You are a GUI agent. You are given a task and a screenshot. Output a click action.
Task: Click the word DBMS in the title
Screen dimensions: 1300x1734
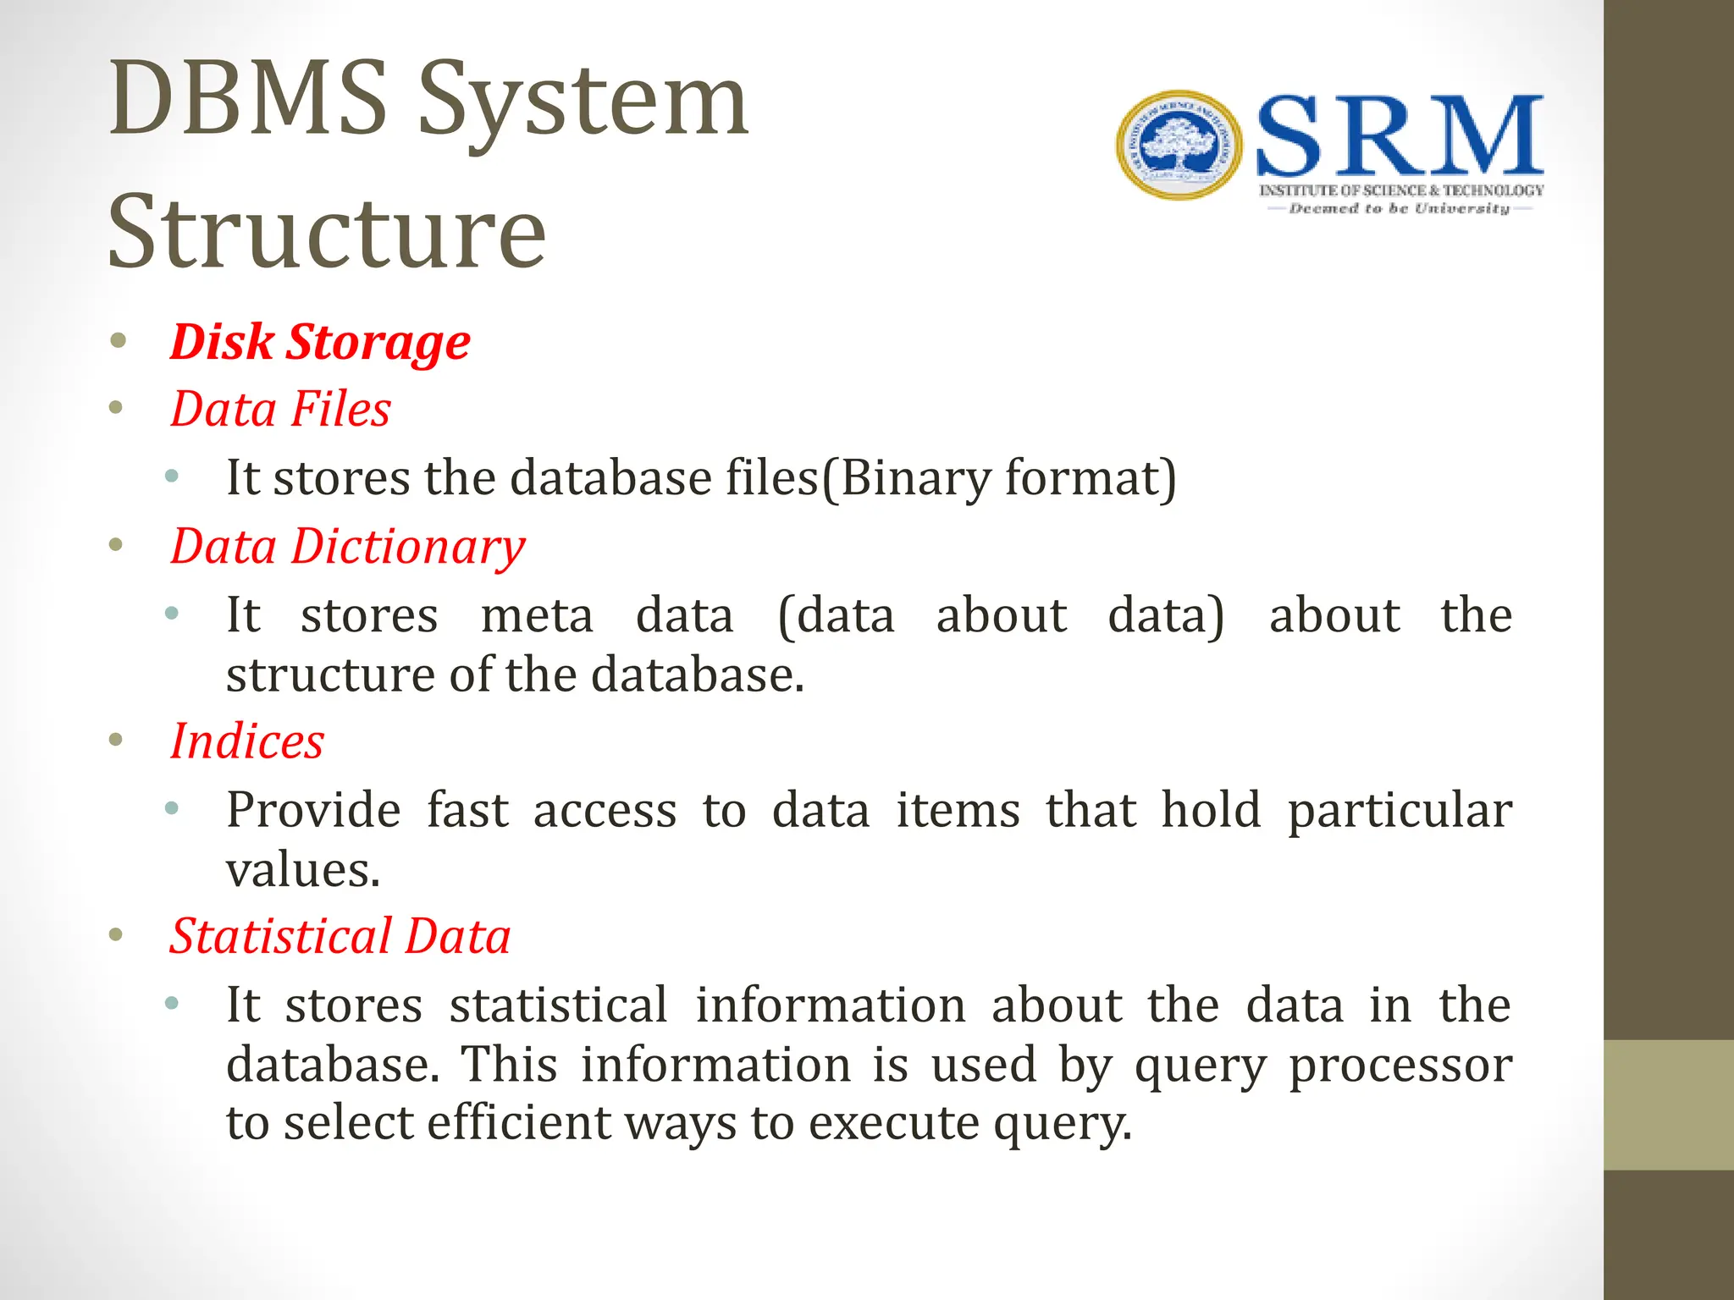tap(248, 99)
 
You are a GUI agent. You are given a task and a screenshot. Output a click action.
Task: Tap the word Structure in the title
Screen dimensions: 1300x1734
tap(327, 232)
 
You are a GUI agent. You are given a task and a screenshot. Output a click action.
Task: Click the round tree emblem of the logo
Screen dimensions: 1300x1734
tap(1179, 146)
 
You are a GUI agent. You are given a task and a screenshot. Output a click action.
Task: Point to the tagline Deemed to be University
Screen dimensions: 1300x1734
tap(1399, 209)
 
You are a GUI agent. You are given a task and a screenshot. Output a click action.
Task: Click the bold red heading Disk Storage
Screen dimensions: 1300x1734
tap(319, 342)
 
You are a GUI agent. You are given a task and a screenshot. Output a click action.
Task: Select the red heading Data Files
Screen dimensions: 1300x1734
tap(280, 410)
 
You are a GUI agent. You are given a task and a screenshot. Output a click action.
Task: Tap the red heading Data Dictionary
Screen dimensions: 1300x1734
tap(347, 547)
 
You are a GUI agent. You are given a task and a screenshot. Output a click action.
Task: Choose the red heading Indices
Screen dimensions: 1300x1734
tap(247, 741)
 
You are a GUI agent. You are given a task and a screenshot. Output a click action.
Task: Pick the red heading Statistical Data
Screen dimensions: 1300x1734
tap(340, 937)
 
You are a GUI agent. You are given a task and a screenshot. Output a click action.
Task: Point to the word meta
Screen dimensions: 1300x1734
tap(537, 615)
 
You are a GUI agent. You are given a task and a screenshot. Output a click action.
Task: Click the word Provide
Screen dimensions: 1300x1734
tap(313, 810)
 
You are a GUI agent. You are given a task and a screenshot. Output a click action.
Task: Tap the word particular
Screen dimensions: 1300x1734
tap(1400, 811)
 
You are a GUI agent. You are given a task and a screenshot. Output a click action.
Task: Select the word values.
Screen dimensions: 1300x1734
tap(303, 870)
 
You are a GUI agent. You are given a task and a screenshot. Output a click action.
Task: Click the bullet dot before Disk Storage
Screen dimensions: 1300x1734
tap(118, 341)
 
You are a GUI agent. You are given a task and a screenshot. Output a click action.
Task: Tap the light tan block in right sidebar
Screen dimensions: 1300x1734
tap(1668, 1104)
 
